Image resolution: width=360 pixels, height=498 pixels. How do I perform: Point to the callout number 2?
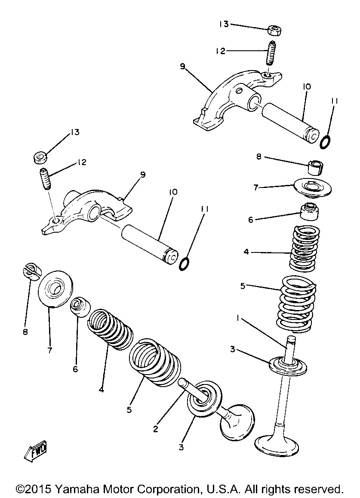(156, 428)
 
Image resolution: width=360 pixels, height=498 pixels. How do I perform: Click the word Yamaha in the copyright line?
(78, 489)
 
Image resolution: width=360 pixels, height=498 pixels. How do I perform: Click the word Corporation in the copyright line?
(164, 489)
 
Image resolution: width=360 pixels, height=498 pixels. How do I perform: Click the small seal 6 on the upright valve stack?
(309, 211)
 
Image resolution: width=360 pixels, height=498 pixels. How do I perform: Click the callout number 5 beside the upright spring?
(243, 286)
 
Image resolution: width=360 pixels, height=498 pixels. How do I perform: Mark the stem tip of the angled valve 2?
(181, 381)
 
